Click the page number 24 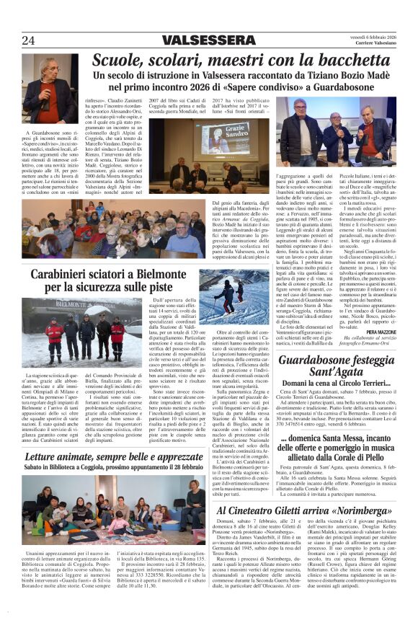(x=28, y=40)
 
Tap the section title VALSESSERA (x=208, y=40)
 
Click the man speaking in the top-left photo (x=50, y=89)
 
